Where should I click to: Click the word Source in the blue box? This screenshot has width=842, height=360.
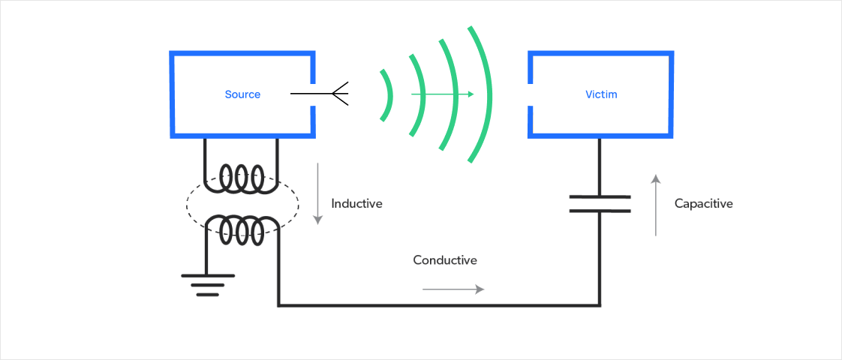(242, 94)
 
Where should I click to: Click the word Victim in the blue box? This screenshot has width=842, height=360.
(601, 94)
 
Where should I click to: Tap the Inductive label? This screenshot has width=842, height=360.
(356, 203)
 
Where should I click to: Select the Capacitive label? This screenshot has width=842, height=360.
(703, 203)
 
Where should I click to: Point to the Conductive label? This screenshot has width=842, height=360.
(445, 260)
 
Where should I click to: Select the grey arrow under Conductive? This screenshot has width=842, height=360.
(453, 289)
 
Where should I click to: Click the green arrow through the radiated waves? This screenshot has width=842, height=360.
(442, 94)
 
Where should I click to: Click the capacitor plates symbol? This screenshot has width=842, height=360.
(600, 203)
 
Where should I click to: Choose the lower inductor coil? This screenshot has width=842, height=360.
(240, 228)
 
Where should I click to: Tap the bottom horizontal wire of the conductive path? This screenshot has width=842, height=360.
(439, 305)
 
